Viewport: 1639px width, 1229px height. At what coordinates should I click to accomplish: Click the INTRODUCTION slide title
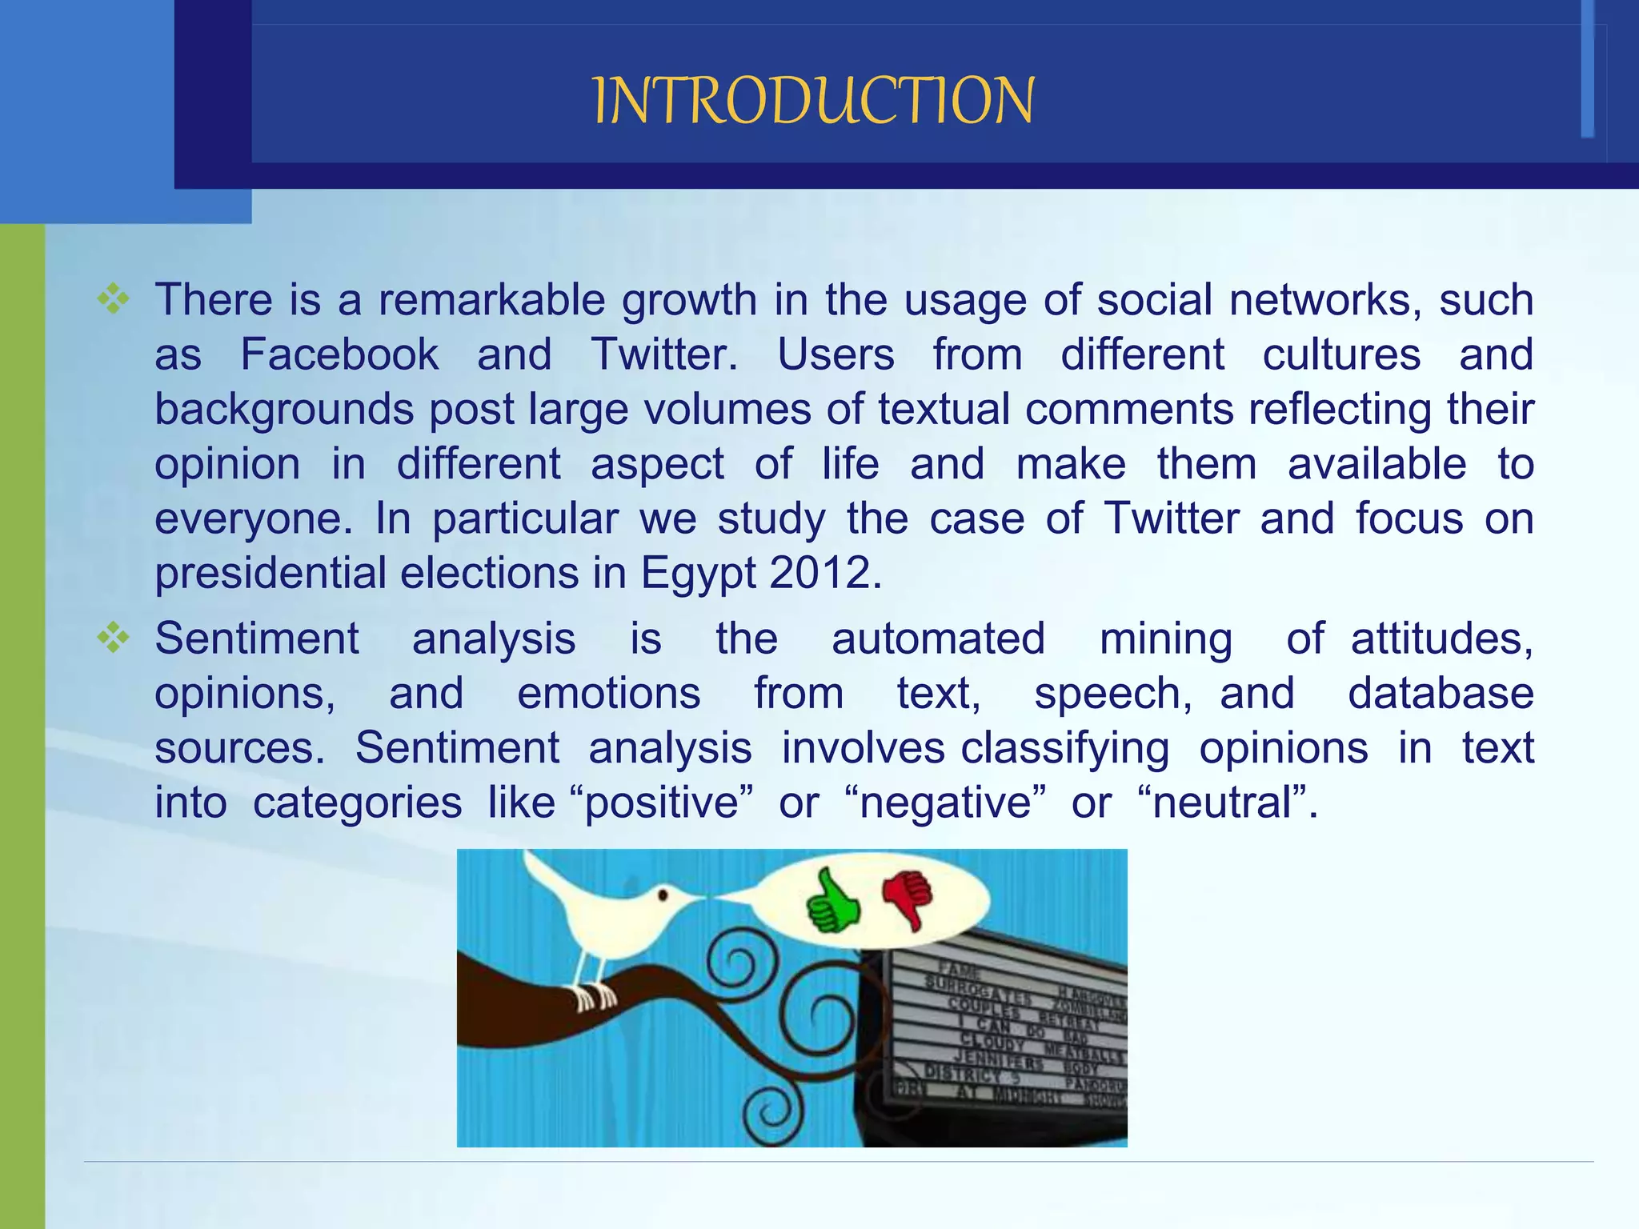[x=813, y=101]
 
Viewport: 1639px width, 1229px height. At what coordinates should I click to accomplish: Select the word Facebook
[x=339, y=354]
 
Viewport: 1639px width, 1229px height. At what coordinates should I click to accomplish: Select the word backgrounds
[x=284, y=410]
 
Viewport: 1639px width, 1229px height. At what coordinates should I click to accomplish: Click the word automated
[x=938, y=639]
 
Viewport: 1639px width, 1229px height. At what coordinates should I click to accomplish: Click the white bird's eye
[x=663, y=895]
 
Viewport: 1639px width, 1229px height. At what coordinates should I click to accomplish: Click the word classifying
[x=1064, y=749]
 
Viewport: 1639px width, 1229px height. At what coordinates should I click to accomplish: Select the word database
[x=1441, y=693]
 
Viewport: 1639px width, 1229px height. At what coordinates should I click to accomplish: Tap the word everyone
[x=253, y=518]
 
